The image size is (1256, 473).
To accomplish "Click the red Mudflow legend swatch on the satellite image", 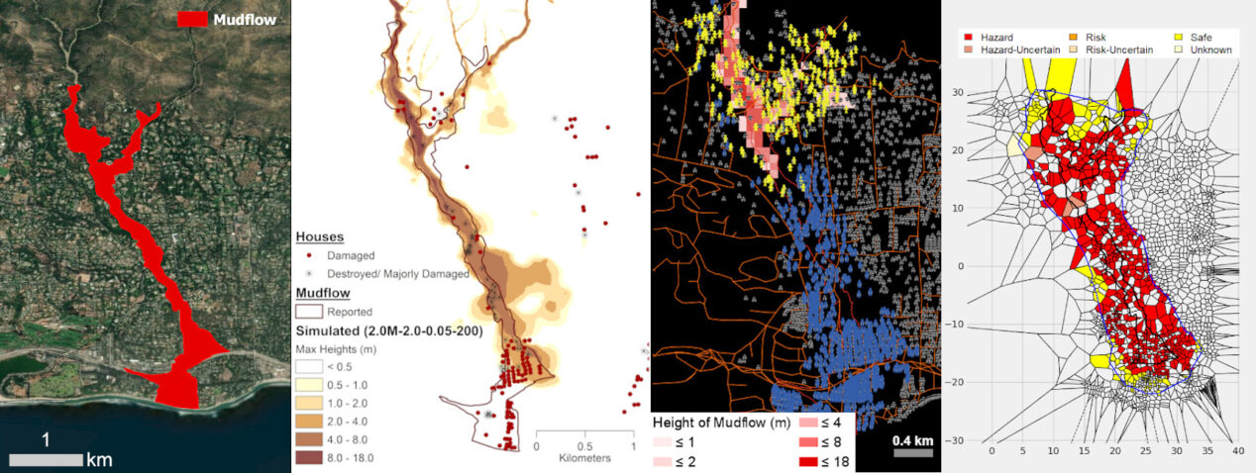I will pyautogui.click(x=192, y=19).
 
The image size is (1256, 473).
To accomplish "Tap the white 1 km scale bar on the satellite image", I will pyautogui.click(x=46, y=459).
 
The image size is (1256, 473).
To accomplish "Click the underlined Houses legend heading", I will pyautogui.click(x=319, y=237).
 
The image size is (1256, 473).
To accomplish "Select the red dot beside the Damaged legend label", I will pyautogui.click(x=307, y=255).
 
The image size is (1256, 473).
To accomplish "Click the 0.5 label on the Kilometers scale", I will pyautogui.click(x=583, y=446).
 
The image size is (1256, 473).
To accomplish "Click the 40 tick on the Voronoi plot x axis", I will pyautogui.click(x=1237, y=450).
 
